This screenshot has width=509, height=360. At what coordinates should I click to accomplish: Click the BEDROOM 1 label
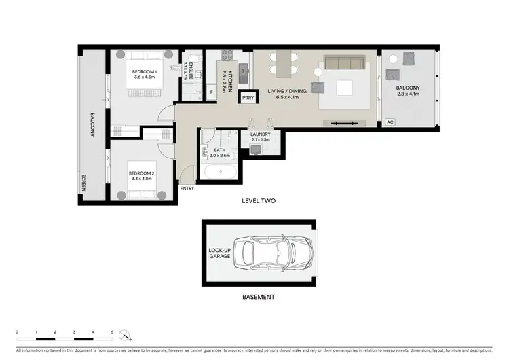click(x=143, y=72)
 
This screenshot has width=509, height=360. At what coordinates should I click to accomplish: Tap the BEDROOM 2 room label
click(x=143, y=174)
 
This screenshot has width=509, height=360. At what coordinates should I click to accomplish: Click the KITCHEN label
click(x=231, y=81)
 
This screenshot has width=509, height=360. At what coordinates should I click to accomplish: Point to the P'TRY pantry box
click(x=248, y=98)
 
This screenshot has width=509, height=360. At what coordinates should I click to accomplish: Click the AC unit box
click(x=390, y=122)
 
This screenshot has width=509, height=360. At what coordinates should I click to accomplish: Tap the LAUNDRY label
click(x=260, y=134)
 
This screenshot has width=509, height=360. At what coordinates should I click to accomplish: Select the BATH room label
click(x=220, y=151)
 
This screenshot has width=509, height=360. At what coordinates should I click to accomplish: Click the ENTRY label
click(x=187, y=188)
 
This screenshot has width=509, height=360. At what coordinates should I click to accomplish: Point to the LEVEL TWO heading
click(x=259, y=201)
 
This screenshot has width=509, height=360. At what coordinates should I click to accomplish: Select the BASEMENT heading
click(x=259, y=297)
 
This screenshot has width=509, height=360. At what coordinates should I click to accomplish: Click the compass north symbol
click(x=124, y=335)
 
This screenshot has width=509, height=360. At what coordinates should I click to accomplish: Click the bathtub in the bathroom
click(x=220, y=171)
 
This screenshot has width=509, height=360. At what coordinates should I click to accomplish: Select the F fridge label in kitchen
click(x=212, y=92)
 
